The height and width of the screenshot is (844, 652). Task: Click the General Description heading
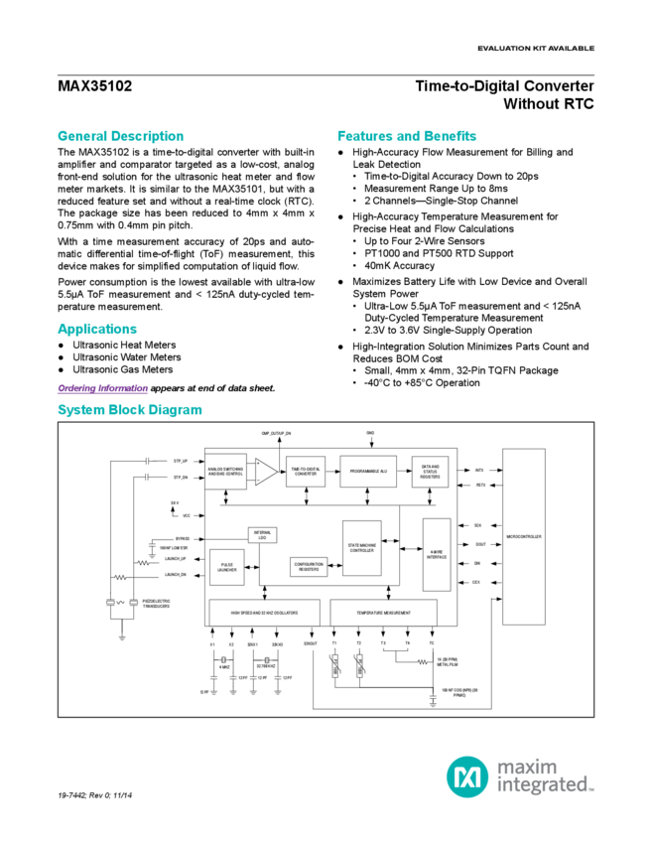coord(119,135)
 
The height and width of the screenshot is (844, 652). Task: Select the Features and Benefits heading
coord(407,135)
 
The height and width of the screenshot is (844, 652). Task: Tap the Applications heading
coord(96,329)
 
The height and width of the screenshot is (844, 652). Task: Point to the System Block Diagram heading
coord(129,409)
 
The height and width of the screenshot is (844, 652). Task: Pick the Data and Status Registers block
coord(431,469)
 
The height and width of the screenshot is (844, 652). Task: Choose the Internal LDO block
coord(263,536)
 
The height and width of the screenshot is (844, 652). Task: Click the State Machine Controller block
coord(362,548)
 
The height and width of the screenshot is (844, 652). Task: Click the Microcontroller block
coord(523,536)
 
